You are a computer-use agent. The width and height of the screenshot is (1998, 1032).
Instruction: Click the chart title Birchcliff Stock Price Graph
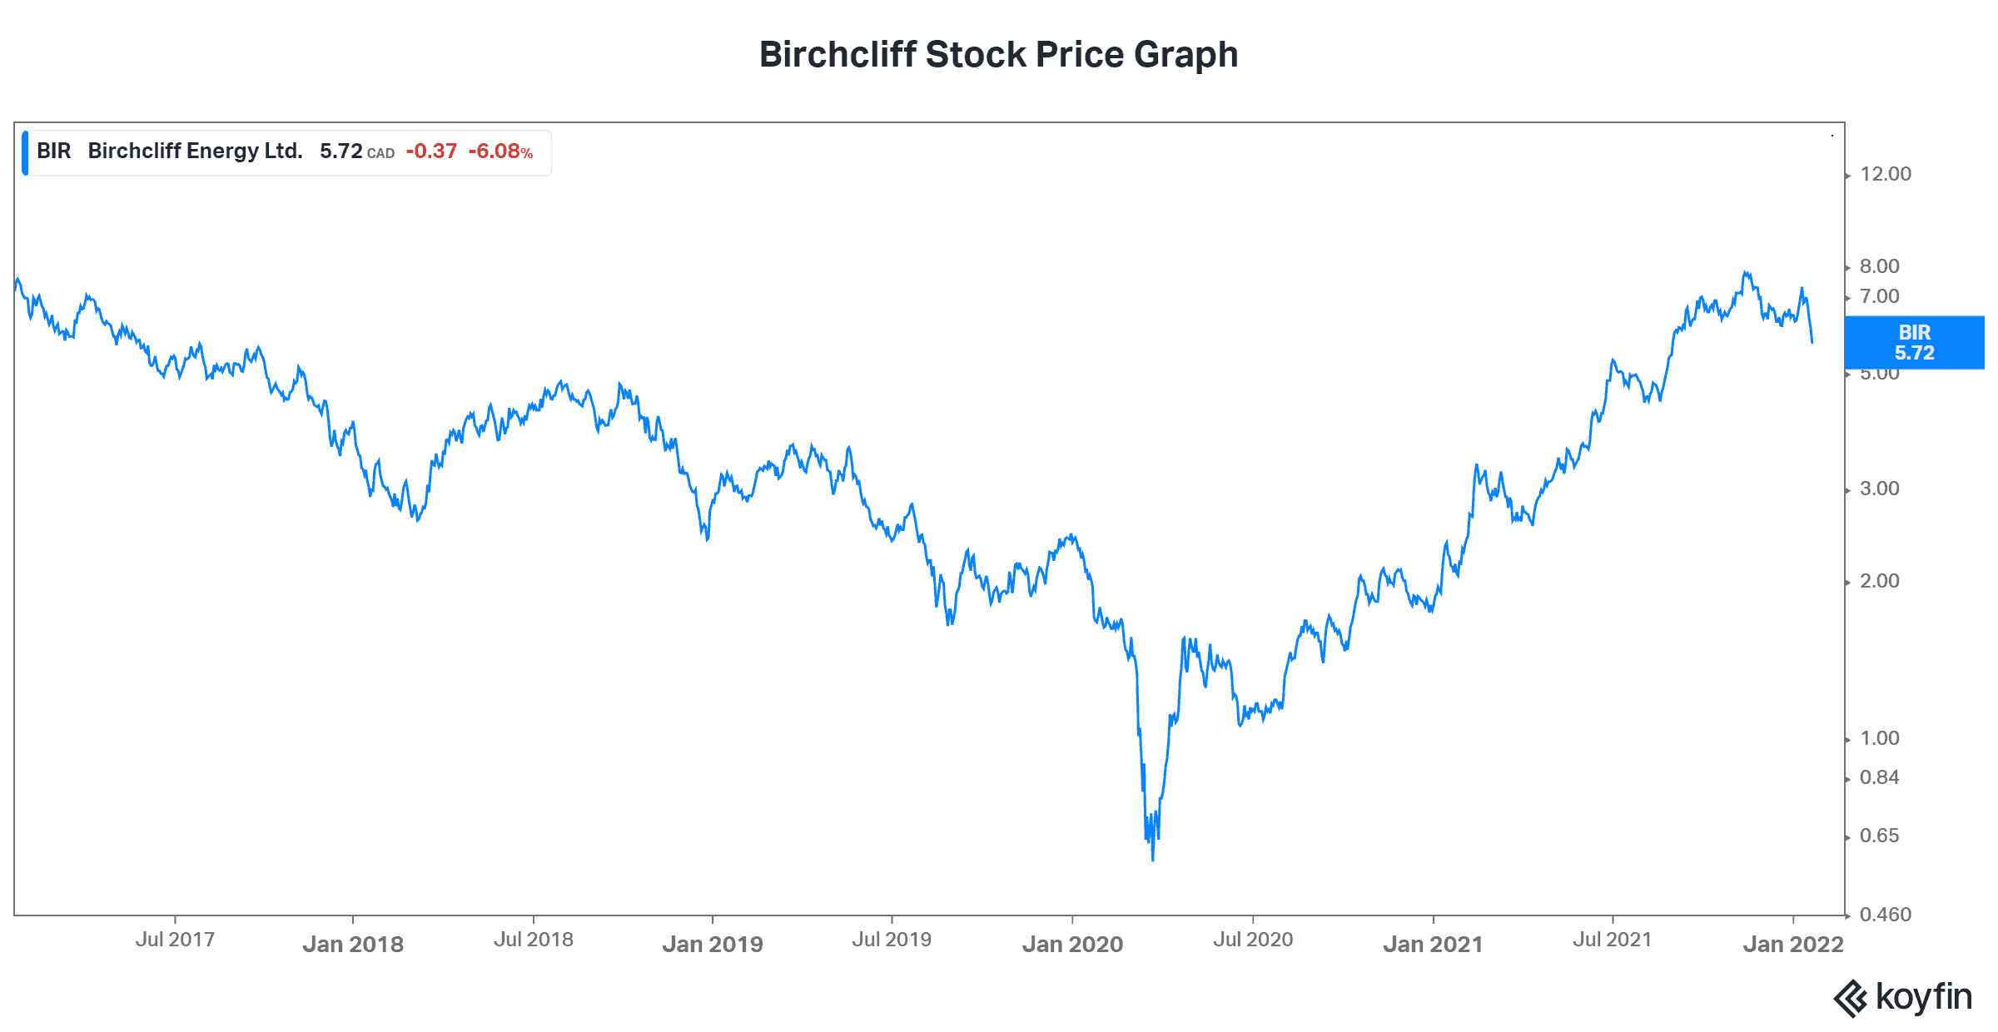tap(998, 55)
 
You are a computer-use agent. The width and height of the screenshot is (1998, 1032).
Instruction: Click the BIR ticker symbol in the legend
tap(54, 151)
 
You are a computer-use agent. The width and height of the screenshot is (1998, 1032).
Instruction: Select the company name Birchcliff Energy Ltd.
tap(195, 151)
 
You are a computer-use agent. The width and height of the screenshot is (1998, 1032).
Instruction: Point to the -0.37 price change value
tap(431, 151)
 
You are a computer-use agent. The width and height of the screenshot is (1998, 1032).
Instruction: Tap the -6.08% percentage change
tap(499, 151)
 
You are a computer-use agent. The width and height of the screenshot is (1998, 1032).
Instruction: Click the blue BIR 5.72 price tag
tap(1914, 342)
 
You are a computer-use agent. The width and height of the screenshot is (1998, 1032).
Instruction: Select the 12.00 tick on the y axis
tap(1886, 174)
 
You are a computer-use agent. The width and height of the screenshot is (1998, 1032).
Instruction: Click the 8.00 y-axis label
tap(1880, 266)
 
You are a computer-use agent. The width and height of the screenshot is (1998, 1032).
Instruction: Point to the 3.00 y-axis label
tap(1880, 489)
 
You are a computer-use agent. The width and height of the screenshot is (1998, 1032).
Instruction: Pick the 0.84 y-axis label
tap(1880, 777)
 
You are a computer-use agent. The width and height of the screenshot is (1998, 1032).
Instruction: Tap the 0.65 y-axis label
tap(1880, 836)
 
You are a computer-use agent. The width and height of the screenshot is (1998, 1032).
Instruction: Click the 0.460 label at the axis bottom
tap(1886, 915)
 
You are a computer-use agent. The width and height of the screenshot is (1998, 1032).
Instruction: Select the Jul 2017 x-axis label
tap(175, 940)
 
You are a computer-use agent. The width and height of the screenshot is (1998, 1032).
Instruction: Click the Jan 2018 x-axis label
tap(353, 944)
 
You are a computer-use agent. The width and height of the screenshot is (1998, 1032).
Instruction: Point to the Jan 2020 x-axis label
tap(1072, 944)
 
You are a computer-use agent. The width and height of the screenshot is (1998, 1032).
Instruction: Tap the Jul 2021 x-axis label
tap(1612, 940)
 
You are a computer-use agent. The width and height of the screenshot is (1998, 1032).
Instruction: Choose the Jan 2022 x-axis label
tap(1793, 944)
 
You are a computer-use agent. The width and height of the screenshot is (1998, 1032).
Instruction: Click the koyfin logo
tap(1903, 997)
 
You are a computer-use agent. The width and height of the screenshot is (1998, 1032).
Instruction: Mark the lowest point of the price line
tap(1153, 860)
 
